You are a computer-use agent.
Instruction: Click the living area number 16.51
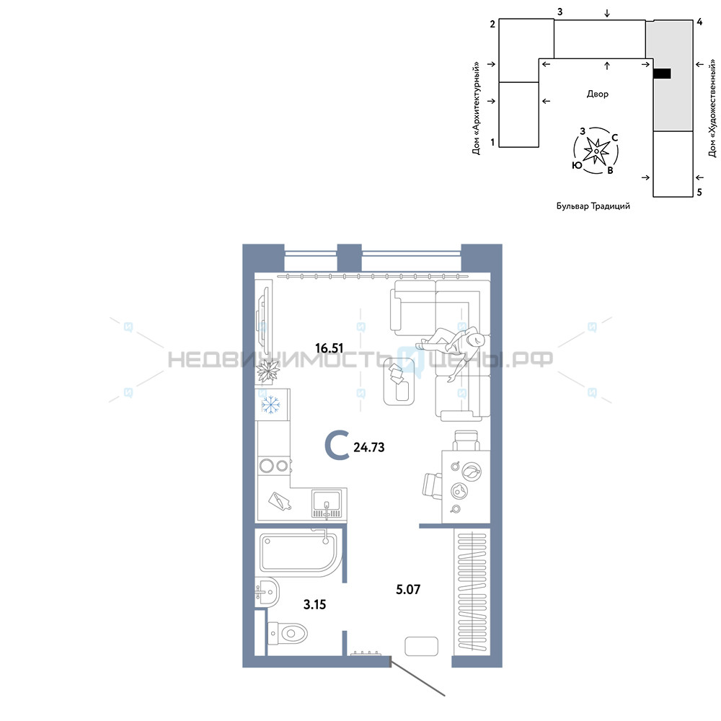click(329, 348)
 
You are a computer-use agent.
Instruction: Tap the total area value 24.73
click(368, 447)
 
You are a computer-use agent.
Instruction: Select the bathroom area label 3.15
click(314, 604)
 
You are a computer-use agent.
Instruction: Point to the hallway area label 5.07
click(408, 589)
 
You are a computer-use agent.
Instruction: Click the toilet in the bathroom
click(287, 633)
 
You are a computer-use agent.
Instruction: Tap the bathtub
click(300, 552)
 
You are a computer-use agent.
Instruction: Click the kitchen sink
click(327, 503)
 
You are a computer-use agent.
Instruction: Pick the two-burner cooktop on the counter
click(274, 466)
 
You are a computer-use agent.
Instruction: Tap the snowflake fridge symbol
click(271, 404)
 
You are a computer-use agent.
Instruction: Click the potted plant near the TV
click(268, 371)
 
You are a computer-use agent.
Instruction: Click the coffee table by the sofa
click(399, 381)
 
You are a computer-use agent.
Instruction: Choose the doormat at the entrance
click(421, 646)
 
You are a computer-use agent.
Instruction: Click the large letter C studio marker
click(337, 445)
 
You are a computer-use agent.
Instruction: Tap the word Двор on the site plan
click(597, 94)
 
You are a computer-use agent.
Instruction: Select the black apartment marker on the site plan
click(662, 73)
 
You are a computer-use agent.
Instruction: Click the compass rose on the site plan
click(596, 151)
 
